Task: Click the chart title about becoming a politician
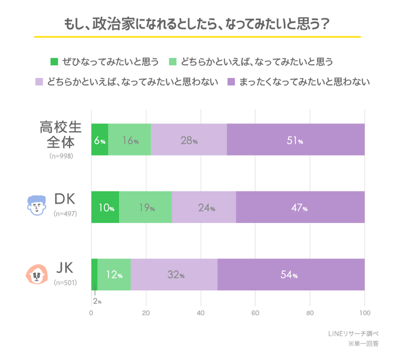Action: click(197, 25)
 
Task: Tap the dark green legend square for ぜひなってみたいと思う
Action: click(54, 61)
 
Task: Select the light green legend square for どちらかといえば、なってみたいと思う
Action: click(172, 61)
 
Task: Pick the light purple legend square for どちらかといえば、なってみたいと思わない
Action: click(39, 82)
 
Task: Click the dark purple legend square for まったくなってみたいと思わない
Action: click(231, 82)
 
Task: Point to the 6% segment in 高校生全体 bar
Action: click(99, 140)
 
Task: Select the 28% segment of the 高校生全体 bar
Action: click(189, 140)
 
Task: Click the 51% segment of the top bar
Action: click(295, 140)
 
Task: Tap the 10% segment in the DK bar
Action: click(105, 207)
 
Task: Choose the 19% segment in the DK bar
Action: click(145, 207)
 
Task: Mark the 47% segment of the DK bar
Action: click(300, 207)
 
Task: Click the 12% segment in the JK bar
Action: click(114, 274)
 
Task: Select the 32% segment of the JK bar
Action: click(174, 274)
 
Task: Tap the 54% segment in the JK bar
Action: click(291, 274)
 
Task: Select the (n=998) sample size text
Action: click(61, 156)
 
